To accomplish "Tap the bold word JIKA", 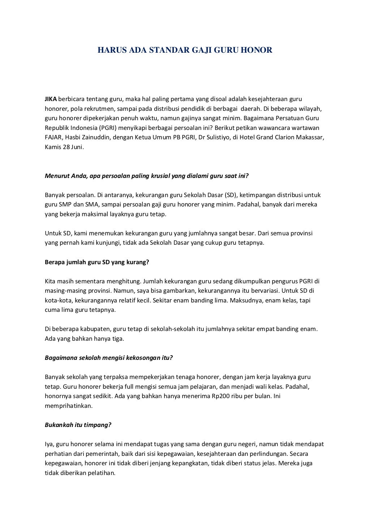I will (x=51, y=99).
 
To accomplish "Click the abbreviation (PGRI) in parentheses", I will (x=107, y=128).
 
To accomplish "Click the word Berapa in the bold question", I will (x=55, y=262).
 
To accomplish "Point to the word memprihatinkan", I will (x=69, y=406).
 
